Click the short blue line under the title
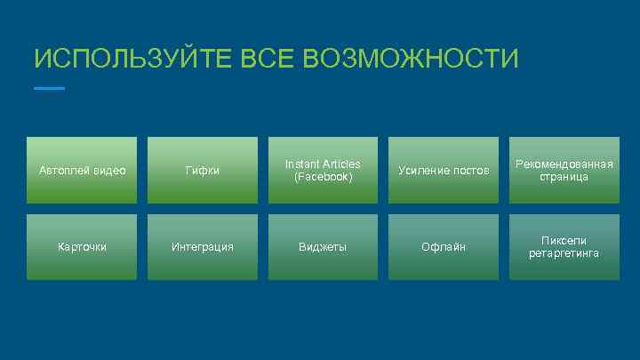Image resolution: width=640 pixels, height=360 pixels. point(49,89)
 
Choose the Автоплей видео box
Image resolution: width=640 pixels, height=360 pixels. point(82,170)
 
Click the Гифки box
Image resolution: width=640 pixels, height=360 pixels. point(202,170)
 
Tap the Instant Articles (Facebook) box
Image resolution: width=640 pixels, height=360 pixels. point(323,170)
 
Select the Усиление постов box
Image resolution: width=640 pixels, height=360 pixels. point(443,170)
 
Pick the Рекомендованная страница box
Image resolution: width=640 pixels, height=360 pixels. point(564,170)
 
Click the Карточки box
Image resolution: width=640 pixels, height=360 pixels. point(82,247)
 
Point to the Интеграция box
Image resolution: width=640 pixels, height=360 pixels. point(202,247)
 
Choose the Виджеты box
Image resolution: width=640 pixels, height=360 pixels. point(323,247)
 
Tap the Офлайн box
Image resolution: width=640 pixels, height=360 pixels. point(443,247)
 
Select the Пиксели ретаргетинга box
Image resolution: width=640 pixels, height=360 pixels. point(564,247)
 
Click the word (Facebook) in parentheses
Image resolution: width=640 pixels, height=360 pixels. point(323,177)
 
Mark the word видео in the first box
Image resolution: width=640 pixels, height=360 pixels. point(108,171)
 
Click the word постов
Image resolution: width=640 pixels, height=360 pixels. point(471,171)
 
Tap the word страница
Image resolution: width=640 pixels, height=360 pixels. point(564,177)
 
